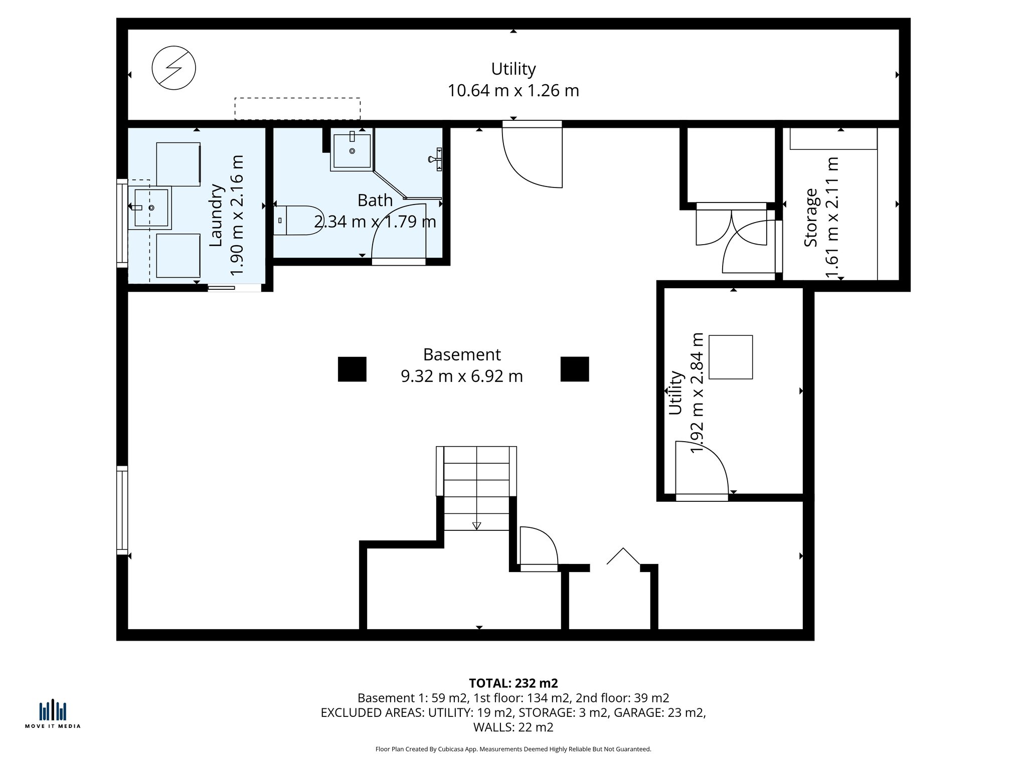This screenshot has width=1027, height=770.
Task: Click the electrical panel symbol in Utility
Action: click(x=174, y=68)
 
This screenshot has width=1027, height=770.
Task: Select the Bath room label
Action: click(x=375, y=201)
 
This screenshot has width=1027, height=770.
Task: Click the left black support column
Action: click(x=352, y=369)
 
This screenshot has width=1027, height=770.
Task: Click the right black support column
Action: click(x=575, y=369)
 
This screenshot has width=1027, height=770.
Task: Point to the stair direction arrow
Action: click(x=476, y=525)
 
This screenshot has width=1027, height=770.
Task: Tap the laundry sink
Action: click(x=150, y=208)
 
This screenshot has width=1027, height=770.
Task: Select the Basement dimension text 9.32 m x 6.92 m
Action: click(x=461, y=376)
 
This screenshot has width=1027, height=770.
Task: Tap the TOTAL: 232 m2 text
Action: click(x=513, y=683)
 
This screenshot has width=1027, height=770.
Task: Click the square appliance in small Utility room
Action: click(x=731, y=357)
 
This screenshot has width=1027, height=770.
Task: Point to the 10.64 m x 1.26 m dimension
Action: click(x=513, y=91)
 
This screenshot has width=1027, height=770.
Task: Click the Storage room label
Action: click(x=810, y=218)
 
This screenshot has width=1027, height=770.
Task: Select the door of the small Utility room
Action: click(x=702, y=471)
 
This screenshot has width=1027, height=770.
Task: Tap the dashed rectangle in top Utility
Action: click(x=297, y=109)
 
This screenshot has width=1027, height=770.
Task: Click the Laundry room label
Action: click(x=216, y=215)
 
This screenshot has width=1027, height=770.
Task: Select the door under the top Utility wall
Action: click(x=533, y=155)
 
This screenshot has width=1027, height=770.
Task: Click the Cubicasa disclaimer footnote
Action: click(x=513, y=749)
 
